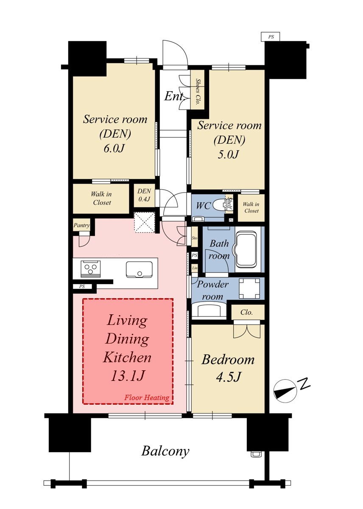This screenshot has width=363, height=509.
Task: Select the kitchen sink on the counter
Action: (139, 269)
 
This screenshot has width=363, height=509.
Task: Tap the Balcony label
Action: (165, 451)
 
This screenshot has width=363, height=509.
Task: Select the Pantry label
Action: (81, 225)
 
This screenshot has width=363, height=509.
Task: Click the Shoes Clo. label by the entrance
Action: (198, 91)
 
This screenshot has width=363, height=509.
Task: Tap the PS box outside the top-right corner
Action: (270, 36)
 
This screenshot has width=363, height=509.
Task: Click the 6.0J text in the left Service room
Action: (114, 148)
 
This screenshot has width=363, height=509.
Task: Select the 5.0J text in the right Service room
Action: (228, 155)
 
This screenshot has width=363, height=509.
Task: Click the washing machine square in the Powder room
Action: (249, 288)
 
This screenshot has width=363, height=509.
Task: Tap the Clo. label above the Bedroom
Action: (246, 312)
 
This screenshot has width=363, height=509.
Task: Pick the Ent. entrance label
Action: (174, 96)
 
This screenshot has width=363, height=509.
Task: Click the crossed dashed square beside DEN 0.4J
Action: (144, 222)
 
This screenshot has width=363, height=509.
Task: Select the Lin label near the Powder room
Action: (195, 268)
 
